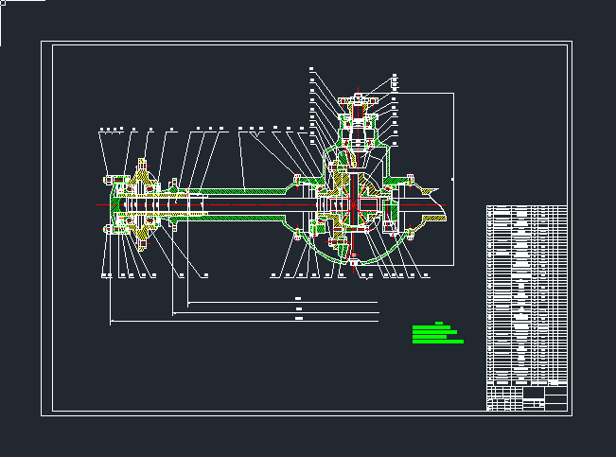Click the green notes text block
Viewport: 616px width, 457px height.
tap(437, 333)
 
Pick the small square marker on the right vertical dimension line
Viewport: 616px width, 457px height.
tap(453, 178)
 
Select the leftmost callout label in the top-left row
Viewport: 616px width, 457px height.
tap(100, 128)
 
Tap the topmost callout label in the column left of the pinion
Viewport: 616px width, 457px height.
tap(311, 68)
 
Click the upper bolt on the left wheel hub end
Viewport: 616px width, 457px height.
tap(112, 179)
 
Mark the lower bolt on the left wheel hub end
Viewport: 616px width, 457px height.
tap(112, 226)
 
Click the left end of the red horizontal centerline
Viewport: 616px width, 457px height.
tap(98, 203)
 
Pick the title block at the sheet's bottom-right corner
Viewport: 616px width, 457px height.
tap(527, 398)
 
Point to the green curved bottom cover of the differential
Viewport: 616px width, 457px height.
tap(352, 261)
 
